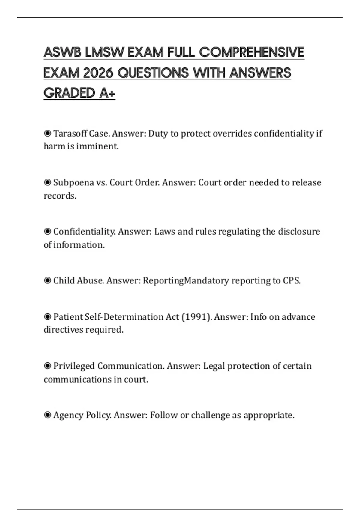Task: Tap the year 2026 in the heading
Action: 98,73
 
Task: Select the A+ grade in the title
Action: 107,93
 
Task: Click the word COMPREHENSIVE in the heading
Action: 251,53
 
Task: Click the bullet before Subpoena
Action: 47,182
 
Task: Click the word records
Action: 60,196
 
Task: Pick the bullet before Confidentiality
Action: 47,232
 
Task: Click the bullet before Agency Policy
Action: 47,415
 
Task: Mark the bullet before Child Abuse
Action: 47,281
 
